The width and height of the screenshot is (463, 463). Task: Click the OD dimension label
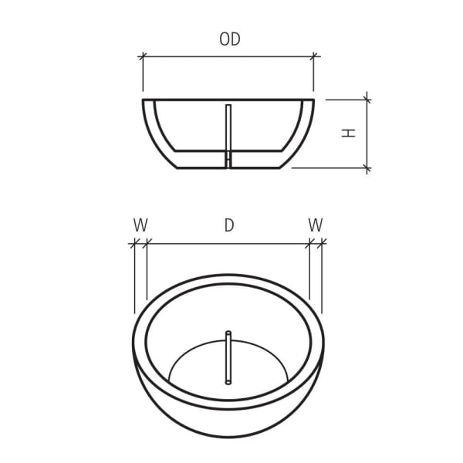[x=229, y=39]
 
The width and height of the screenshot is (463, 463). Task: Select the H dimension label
[x=350, y=132]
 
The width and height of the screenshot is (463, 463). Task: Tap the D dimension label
[x=229, y=225]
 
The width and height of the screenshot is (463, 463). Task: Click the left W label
[x=140, y=225]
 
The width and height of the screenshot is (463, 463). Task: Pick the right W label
[x=316, y=225]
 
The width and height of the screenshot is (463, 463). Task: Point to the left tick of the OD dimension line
[x=143, y=56]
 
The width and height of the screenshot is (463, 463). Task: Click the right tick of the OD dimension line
[x=314, y=56]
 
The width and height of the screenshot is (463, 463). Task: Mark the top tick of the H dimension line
[x=367, y=99]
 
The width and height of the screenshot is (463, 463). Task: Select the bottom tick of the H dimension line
[x=367, y=167]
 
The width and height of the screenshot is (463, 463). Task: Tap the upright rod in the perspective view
[x=228, y=357]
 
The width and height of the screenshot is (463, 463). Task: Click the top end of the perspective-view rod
[x=228, y=333]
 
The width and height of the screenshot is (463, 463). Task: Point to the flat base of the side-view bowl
[x=228, y=167]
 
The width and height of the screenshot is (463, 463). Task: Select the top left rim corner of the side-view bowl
[x=144, y=100]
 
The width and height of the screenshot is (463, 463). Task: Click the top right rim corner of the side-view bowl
[x=313, y=100]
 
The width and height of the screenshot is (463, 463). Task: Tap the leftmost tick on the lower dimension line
[x=134, y=243]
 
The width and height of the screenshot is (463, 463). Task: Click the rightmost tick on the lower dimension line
[x=322, y=243]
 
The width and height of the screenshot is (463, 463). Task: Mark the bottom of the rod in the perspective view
[x=228, y=381]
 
